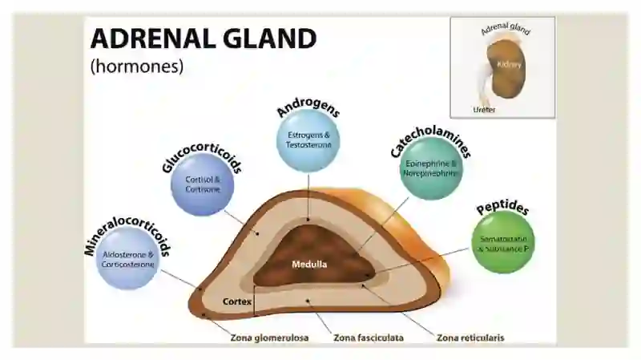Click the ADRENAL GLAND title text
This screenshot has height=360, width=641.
tap(204, 38)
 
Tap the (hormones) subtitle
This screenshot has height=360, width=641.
tap(137, 66)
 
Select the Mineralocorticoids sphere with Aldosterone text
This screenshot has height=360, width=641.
tap(127, 258)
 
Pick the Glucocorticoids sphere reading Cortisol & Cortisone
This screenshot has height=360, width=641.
tap(203, 184)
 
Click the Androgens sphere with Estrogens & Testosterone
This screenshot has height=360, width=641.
tap(308, 140)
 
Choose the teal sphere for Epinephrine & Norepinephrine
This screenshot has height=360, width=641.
tap(431, 168)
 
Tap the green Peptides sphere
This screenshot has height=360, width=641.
tap(503, 242)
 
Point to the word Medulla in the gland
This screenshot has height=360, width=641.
tap(309, 265)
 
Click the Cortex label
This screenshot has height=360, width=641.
tap(237, 301)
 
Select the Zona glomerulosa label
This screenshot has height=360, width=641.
tap(269, 338)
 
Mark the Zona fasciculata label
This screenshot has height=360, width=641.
tap(369, 338)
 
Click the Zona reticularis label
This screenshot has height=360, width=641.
tap(470, 338)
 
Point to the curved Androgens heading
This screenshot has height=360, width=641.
tap(308, 107)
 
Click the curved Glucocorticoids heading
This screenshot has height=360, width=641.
tap(202, 156)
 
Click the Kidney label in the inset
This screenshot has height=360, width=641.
tap(509, 65)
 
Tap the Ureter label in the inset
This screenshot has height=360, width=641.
tap(484, 110)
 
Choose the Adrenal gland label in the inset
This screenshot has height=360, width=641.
tap(506, 29)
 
